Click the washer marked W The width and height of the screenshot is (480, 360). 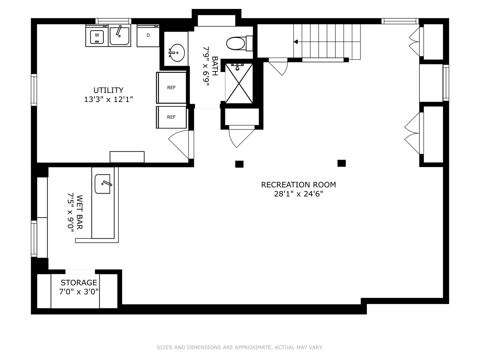pyautogui.click(x=97, y=36)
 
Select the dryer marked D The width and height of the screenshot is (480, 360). pyautogui.click(x=148, y=36)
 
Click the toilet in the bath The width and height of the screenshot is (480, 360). pyautogui.click(x=239, y=43)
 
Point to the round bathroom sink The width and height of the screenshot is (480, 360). pyautogui.click(x=177, y=53)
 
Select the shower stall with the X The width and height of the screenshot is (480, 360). pyautogui.click(x=239, y=83)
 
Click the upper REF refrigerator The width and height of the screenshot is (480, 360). pyautogui.click(x=171, y=87)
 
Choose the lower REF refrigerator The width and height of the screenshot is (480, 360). pyautogui.click(x=171, y=117)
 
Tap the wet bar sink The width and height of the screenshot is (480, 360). pyautogui.click(x=103, y=184)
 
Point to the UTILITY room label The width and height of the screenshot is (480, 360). pyautogui.click(x=108, y=90)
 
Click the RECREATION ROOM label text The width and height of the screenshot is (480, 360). pyautogui.click(x=298, y=185)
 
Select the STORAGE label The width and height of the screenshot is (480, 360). pyautogui.click(x=79, y=283)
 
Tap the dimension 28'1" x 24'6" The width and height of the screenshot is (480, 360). pyautogui.click(x=298, y=194)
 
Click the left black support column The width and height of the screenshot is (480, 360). pyautogui.click(x=239, y=164)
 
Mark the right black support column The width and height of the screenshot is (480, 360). pyautogui.click(x=342, y=163)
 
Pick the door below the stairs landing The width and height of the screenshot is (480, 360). pyautogui.click(x=278, y=67)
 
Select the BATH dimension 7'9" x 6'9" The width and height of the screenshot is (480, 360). pyautogui.click(x=206, y=66)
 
